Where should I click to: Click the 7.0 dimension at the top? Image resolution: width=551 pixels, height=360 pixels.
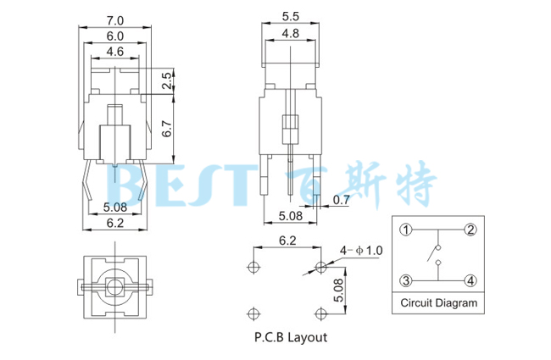pyautogui.click(x=115, y=19)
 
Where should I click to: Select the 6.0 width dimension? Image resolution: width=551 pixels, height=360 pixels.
pyautogui.click(x=115, y=36)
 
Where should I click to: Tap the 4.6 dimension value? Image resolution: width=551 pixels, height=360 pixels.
pyautogui.click(x=115, y=52)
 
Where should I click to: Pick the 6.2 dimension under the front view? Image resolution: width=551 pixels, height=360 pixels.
pyautogui.click(x=115, y=224)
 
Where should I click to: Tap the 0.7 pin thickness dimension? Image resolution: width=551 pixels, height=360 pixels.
pyautogui.click(x=341, y=201)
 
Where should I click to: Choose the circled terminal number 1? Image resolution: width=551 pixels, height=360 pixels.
pyautogui.click(x=406, y=230)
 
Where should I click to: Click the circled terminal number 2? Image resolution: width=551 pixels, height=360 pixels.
pyautogui.click(x=470, y=230)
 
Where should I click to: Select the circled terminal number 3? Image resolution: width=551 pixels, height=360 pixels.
pyautogui.click(x=406, y=280)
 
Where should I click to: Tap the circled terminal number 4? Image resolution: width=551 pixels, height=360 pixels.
pyautogui.click(x=470, y=280)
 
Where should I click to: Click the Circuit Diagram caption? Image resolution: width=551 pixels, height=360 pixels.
pyautogui.click(x=438, y=302)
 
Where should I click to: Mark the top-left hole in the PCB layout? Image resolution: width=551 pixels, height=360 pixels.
pyautogui.click(x=252, y=267)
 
